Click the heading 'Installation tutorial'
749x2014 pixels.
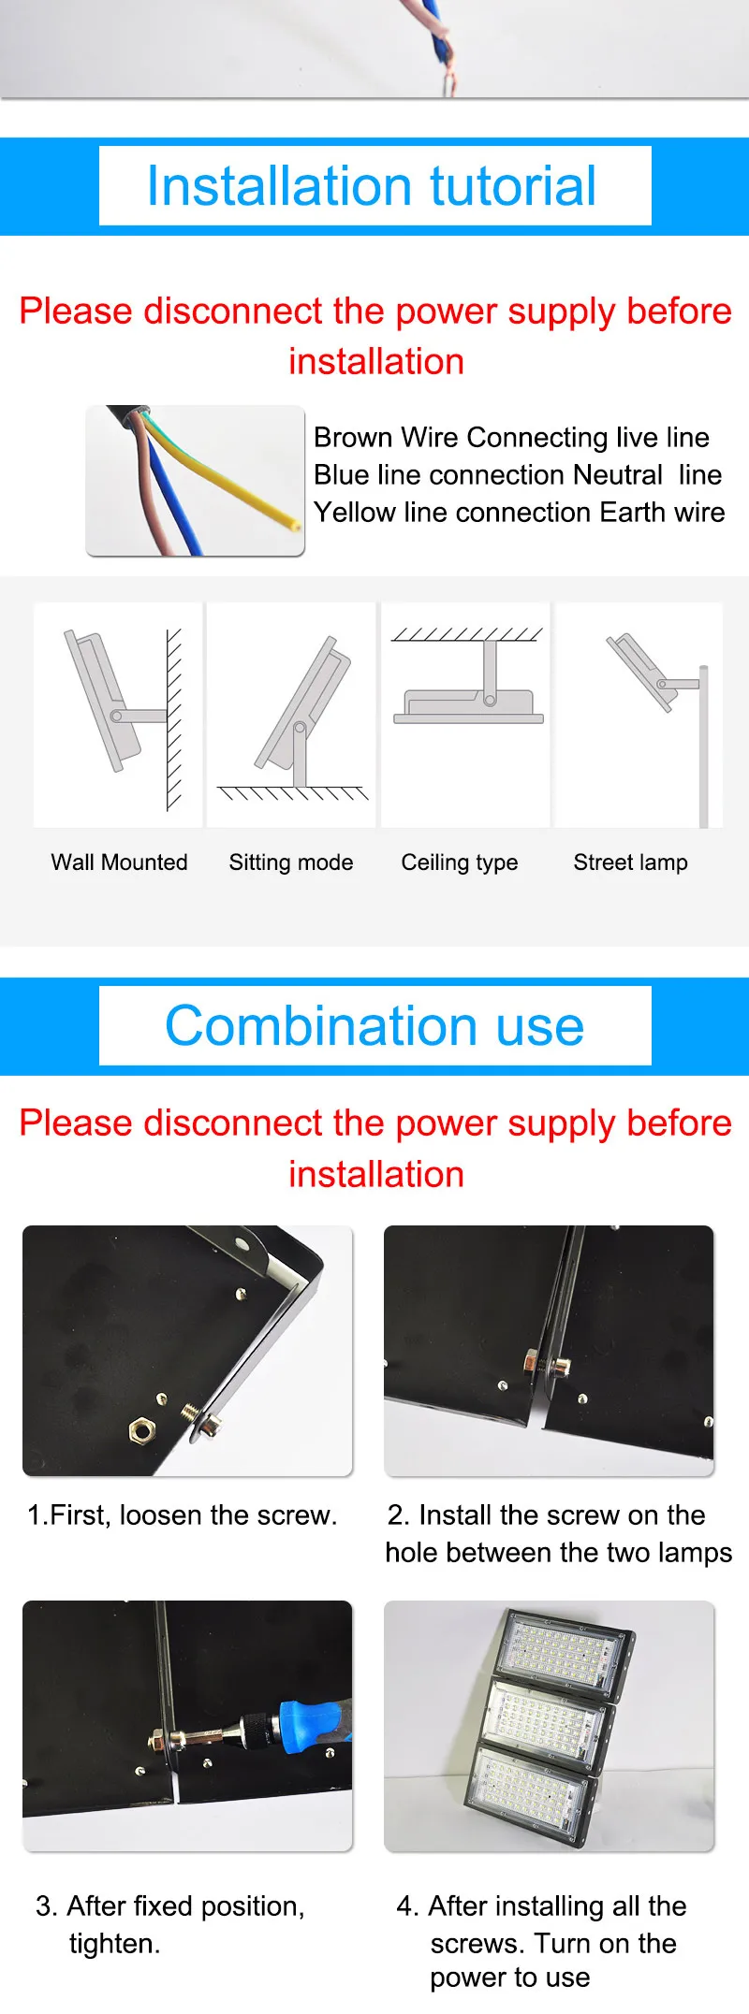[x=372, y=185]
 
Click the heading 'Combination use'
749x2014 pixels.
[x=374, y=1026]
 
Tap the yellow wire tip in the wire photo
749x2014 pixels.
[x=297, y=526]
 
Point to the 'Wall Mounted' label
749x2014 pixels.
[x=119, y=862]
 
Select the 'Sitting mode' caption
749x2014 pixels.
[x=291, y=862]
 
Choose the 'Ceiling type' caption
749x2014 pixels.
[x=460, y=862]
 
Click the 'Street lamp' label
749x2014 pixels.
[x=630, y=862]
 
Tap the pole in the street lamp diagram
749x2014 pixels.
[x=704, y=746]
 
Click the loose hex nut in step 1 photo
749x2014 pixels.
[x=141, y=1429]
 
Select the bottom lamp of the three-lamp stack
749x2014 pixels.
[x=530, y=1795]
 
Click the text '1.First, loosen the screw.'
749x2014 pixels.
[x=182, y=1514]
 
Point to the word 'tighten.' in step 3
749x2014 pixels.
[x=115, y=1943]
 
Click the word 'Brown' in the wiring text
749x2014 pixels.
[x=354, y=437]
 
